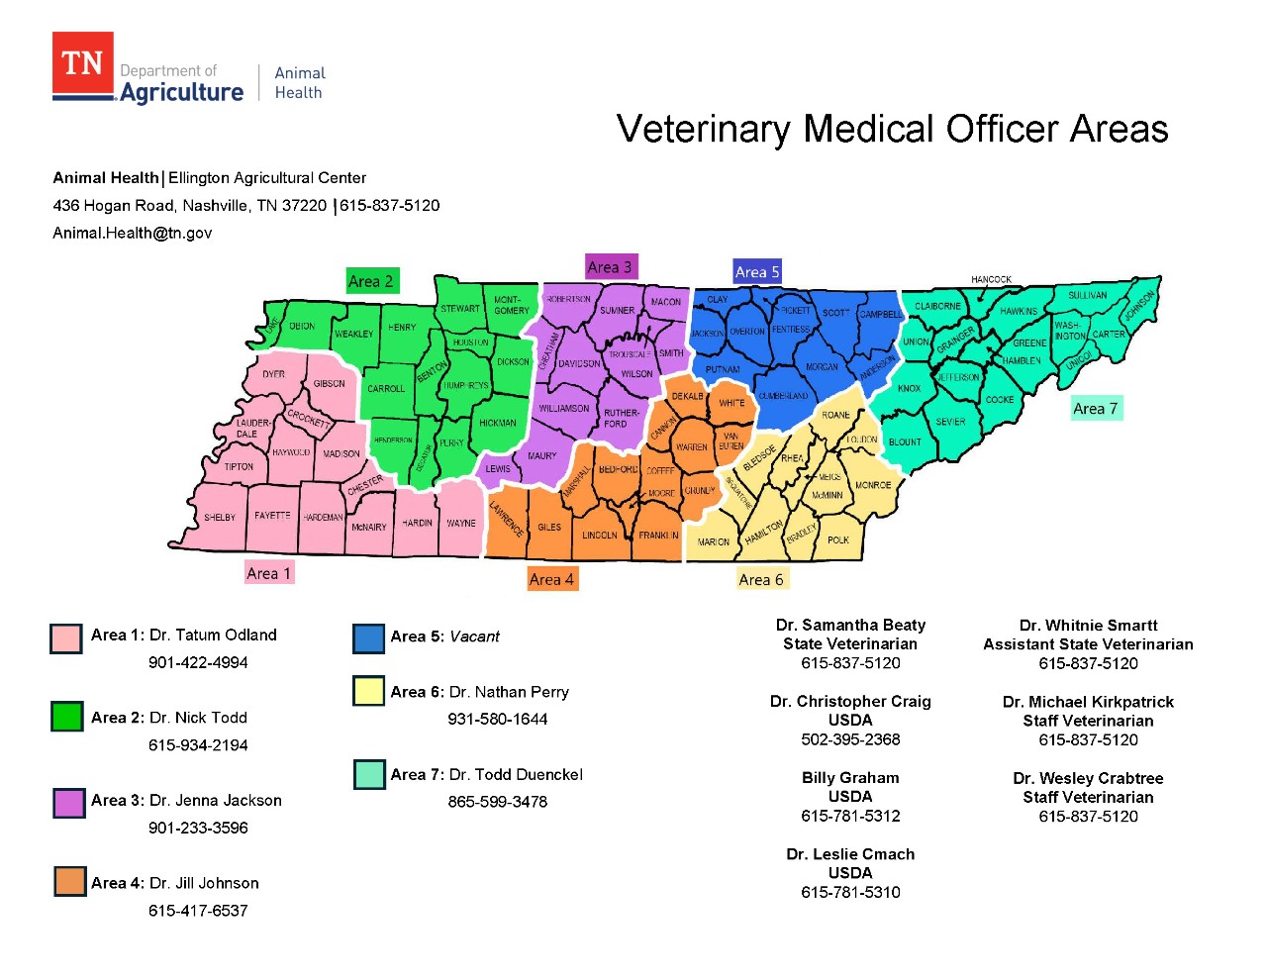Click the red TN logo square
(x=83, y=64)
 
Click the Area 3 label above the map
(x=610, y=267)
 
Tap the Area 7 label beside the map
(x=1096, y=409)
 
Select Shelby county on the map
(x=220, y=518)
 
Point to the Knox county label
(x=909, y=389)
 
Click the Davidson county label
(x=579, y=363)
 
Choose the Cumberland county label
(x=783, y=396)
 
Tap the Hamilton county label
(x=763, y=532)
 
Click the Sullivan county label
(x=1087, y=295)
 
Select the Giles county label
(x=549, y=528)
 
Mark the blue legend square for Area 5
(x=368, y=638)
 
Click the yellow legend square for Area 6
(x=368, y=691)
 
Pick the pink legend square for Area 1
(x=66, y=638)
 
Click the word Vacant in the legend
(x=474, y=636)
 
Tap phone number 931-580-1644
(x=497, y=719)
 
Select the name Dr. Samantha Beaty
(x=850, y=625)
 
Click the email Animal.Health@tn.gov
(x=132, y=233)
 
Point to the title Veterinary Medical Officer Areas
(x=892, y=129)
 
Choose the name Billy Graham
(x=850, y=778)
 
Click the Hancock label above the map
(x=991, y=279)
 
